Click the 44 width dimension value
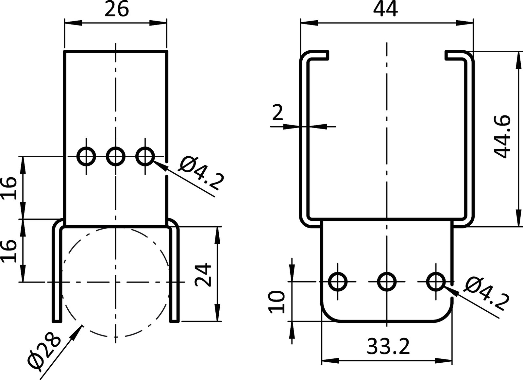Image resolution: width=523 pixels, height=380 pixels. coord(386,10)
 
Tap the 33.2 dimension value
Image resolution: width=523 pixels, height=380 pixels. coord(388,347)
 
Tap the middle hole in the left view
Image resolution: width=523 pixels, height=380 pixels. coord(115,157)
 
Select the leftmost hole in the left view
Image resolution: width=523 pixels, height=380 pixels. coord(86,157)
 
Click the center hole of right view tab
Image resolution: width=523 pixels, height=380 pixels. coord(387,281)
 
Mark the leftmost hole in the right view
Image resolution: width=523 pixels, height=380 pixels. coord(337,281)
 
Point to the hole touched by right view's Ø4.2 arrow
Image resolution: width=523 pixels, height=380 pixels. coord(436,281)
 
